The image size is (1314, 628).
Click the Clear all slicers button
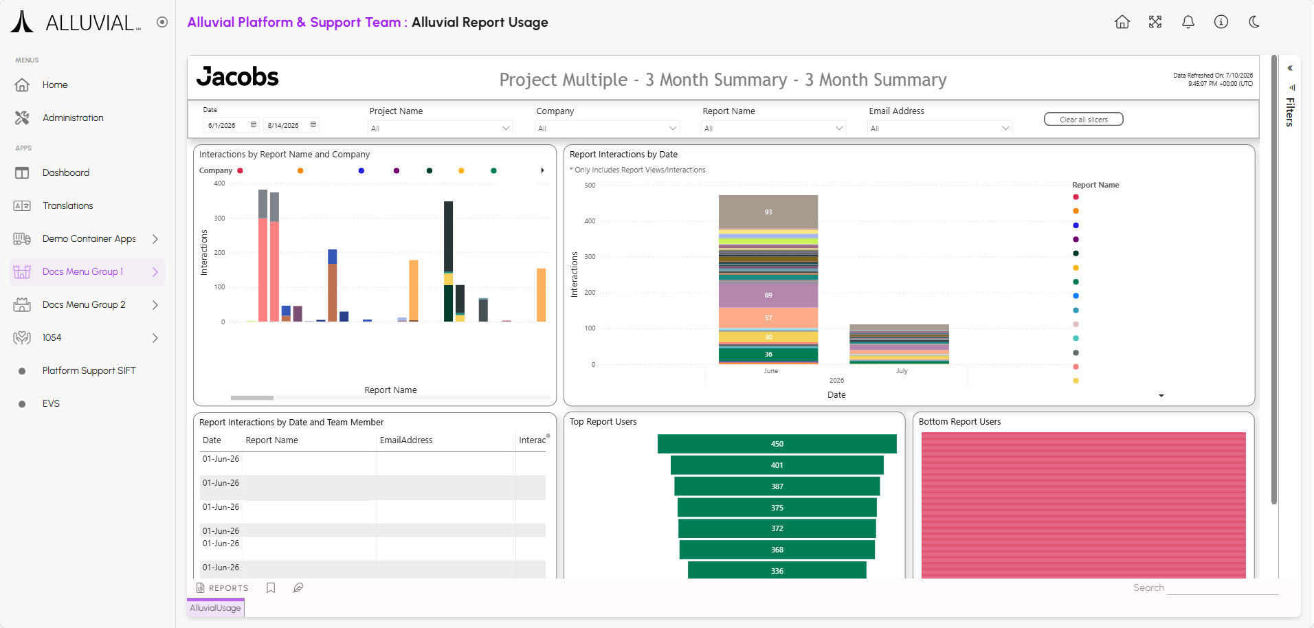1083,120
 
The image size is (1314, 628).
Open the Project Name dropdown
441,128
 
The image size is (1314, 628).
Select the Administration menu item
73,117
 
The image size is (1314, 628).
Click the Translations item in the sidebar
67,205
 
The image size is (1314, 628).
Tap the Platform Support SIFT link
89,370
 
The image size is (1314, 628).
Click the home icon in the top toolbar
1122,22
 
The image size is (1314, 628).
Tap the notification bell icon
1188,22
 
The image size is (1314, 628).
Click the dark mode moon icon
1254,22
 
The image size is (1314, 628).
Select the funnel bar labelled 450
777,444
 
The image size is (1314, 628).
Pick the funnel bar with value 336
777,570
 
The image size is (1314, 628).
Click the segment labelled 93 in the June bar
768,212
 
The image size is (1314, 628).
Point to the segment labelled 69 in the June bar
768,295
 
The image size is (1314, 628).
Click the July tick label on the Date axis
902,371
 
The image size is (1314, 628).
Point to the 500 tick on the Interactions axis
590,186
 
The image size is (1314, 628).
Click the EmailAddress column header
406,440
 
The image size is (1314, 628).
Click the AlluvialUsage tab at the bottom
216,608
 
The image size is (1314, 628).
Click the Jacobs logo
238,77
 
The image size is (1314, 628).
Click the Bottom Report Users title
959,422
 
